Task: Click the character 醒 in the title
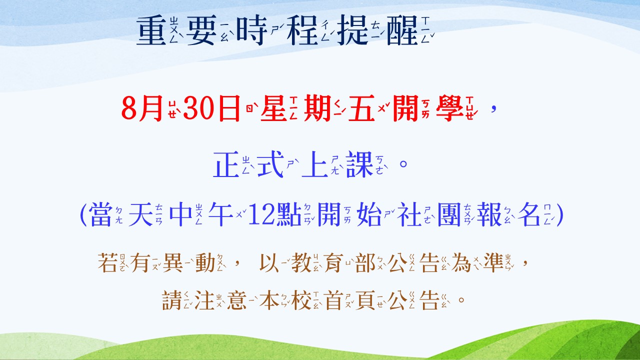coord(402,30)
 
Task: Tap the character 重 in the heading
coord(151,30)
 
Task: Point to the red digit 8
coord(129,108)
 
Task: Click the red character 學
coord(449,108)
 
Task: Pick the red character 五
coord(361,108)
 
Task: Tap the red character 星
coord(273,108)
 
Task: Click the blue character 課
coord(359,164)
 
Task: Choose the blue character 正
coord(226,164)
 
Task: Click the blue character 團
coord(449,214)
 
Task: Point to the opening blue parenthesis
coord(83,215)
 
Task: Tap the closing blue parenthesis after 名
coord(560,215)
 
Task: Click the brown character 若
coord(107,262)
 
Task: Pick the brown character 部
coord(365,262)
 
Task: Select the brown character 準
coord(493,262)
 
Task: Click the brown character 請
coord(172,300)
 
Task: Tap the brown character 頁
coord(365,300)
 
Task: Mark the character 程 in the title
coord(302,30)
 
